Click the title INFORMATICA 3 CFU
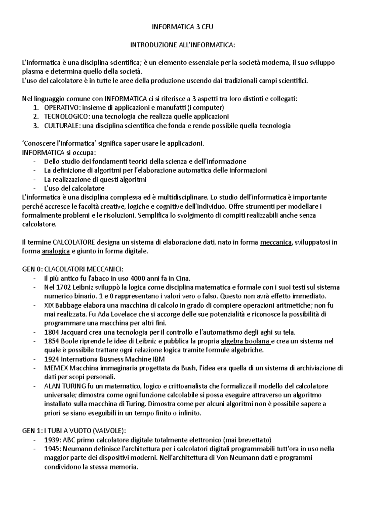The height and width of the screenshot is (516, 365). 182,27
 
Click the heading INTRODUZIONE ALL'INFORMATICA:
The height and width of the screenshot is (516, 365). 182,45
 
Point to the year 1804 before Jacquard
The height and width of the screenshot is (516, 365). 50,332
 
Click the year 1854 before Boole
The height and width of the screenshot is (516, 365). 50,341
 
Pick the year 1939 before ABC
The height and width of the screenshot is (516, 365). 50,440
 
